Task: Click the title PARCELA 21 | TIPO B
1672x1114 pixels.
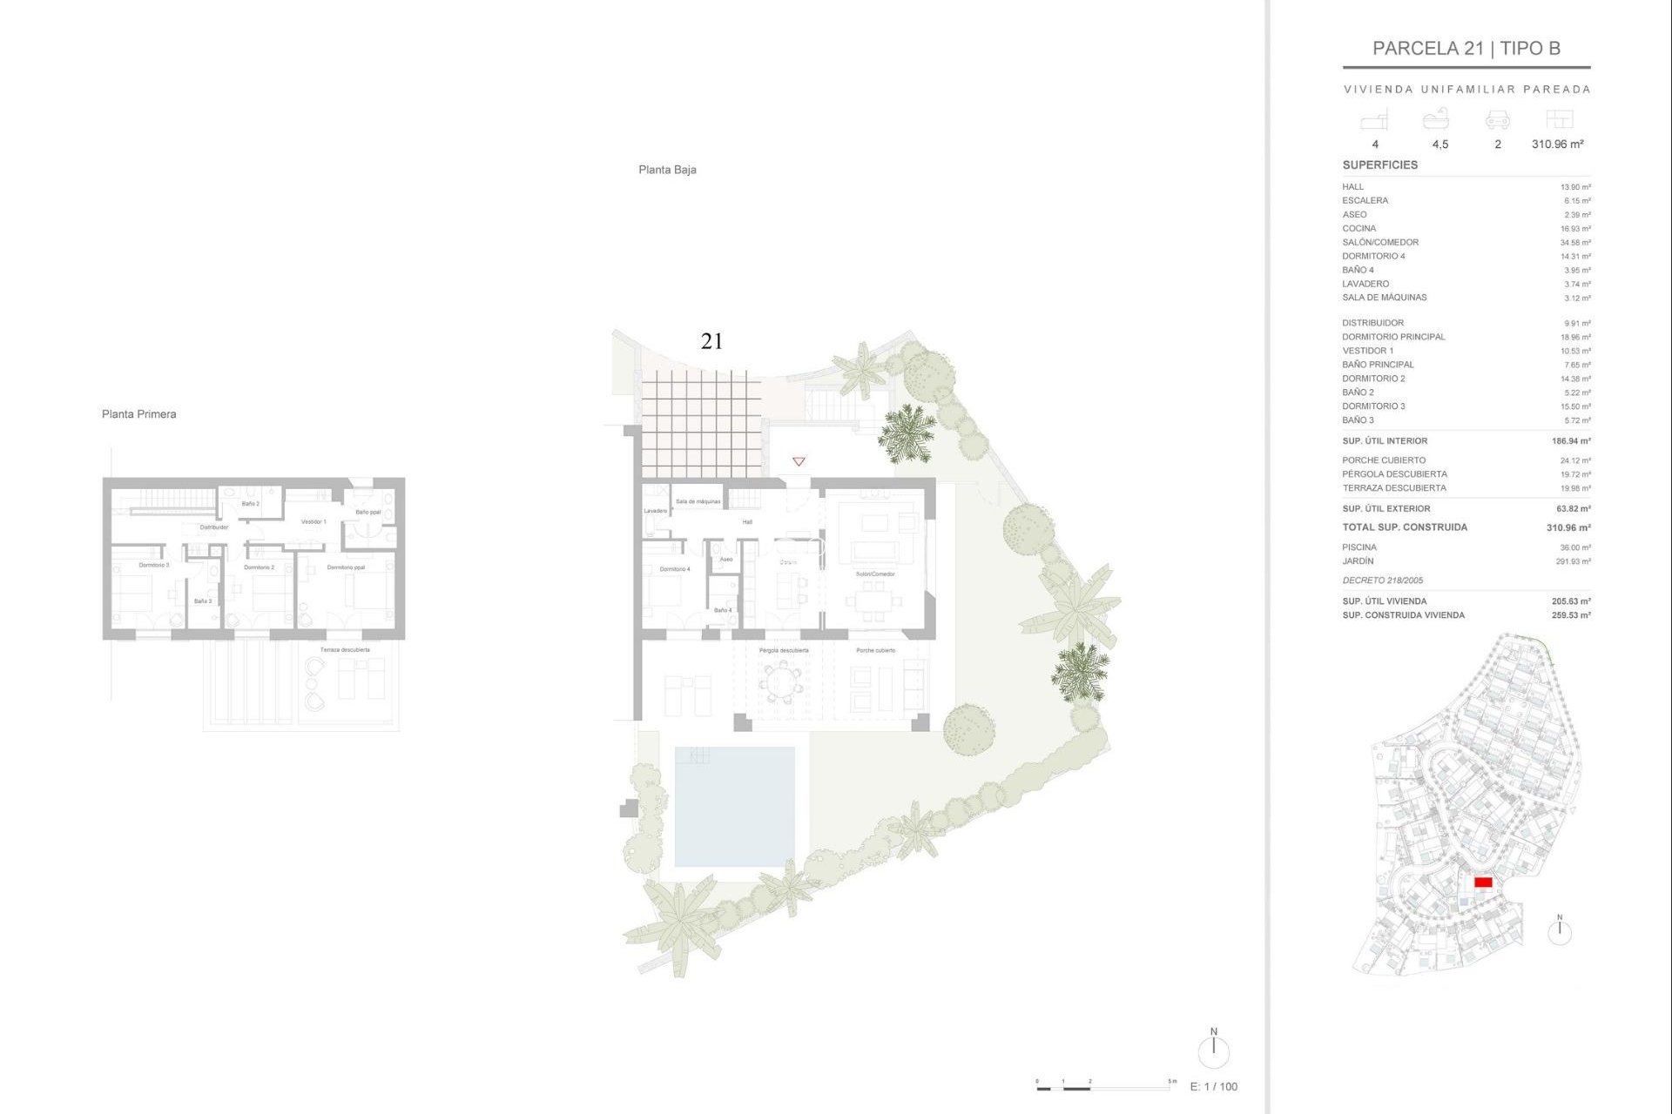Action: pos(1466,49)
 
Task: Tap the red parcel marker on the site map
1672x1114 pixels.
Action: pos(1483,882)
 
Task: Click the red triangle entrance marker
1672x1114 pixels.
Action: pos(799,461)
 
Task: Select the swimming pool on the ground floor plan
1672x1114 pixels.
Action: pos(734,806)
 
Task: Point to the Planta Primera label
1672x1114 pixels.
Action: pos(138,414)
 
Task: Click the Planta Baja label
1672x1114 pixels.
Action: pos(667,170)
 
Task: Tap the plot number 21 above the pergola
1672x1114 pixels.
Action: pos(711,341)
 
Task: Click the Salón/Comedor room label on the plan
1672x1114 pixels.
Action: pos(875,574)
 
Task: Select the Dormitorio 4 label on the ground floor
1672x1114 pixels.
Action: pos(674,569)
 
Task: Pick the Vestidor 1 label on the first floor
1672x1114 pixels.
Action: pos(313,522)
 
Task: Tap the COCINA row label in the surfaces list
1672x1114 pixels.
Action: pos(1358,229)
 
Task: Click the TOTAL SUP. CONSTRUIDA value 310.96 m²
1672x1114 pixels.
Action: pos(1567,527)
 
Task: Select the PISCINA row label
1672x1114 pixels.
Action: pos(1358,547)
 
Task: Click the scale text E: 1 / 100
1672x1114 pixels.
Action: pos(1213,1086)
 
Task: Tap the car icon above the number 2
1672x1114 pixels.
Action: pos(1497,120)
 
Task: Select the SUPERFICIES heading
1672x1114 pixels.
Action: pos(1379,165)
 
